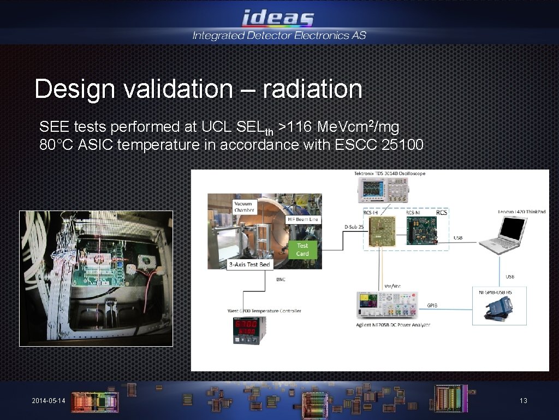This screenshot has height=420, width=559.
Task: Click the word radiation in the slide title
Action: (x=312, y=89)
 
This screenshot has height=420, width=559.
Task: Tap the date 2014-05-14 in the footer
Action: (x=48, y=401)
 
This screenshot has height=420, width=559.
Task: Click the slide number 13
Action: (x=523, y=401)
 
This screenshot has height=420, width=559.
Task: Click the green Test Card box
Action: (x=302, y=249)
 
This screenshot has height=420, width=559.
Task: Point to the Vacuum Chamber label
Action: (x=244, y=207)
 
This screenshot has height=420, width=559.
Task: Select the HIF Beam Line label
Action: (x=303, y=219)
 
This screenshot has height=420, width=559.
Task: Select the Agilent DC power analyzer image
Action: (x=387, y=306)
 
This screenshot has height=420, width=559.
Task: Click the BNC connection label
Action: (x=280, y=279)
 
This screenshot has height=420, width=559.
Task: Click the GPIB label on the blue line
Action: (x=432, y=306)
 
